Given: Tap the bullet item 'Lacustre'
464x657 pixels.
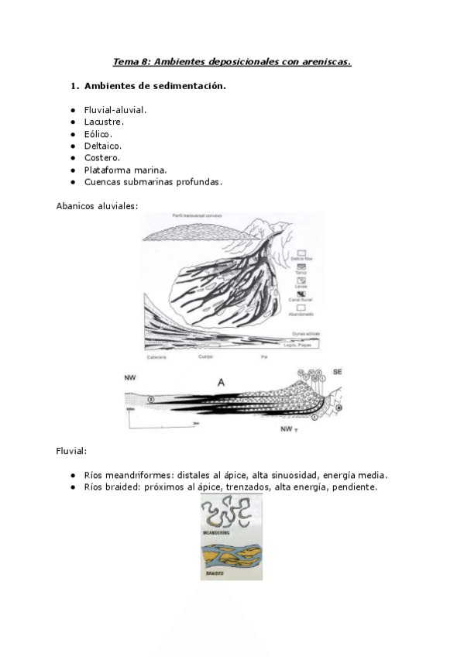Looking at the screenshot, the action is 104,122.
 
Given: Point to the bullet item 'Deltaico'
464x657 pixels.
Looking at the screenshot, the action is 102,146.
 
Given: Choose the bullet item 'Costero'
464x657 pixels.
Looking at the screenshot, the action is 101,157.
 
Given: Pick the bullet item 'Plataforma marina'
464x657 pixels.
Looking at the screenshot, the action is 125,170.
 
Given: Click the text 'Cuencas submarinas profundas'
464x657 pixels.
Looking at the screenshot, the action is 153,181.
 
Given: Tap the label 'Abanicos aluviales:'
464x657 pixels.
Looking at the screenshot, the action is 97,205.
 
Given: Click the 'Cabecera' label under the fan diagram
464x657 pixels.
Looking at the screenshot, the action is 157,358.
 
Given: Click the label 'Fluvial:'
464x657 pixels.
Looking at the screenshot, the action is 71,450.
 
